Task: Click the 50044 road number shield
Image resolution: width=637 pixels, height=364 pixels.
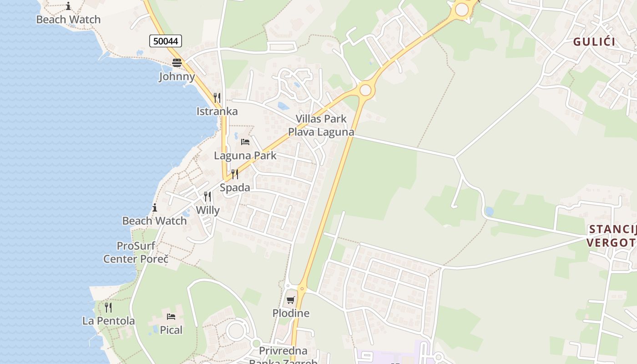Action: click(166, 41)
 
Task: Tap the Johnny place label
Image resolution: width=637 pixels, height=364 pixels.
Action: click(177, 76)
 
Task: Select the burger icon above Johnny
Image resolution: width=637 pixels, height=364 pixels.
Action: click(177, 63)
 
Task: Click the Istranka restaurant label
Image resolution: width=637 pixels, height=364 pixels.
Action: click(217, 111)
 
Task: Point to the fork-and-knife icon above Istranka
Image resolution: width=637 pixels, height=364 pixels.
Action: click(217, 98)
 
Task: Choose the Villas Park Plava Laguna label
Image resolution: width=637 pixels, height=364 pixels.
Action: click(321, 126)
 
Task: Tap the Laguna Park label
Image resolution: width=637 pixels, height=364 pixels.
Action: click(245, 156)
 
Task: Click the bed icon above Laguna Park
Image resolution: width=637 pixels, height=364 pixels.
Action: click(245, 142)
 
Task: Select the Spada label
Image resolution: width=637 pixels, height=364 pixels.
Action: click(235, 187)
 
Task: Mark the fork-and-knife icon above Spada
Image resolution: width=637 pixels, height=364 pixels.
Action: click(235, 174)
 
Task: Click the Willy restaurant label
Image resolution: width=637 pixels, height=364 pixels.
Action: click(207, 210)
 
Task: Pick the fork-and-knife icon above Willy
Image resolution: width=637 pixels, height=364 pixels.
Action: click(207, 197)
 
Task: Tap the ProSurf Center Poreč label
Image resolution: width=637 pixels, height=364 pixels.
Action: click(136, 253)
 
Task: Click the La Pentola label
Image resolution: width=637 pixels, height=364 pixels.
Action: click(108, 321)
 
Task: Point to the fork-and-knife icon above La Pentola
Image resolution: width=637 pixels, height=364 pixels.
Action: click(108, 308)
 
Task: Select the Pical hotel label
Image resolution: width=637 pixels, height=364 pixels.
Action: click(171, 330)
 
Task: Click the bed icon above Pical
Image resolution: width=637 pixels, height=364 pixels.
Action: click(171, 317)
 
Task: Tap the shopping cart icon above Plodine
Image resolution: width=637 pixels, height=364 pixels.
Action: click(290, 300)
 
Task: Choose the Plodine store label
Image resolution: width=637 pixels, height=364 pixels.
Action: click(291, 313)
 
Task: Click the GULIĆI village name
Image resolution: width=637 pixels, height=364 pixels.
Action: click(594, 42)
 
